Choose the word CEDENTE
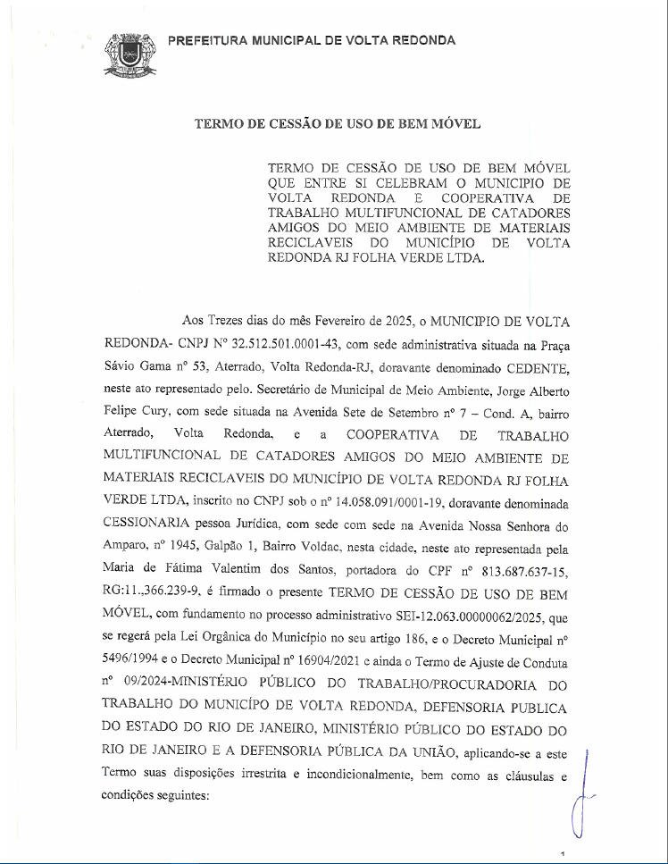[532, 365]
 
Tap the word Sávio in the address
[122, 365]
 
